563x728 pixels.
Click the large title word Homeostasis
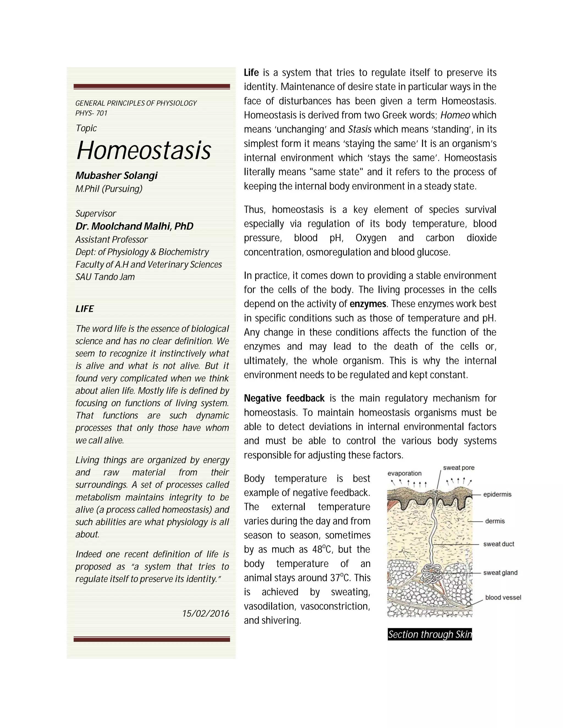(x=143, y=151)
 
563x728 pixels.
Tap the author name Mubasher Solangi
(x=116, y=175)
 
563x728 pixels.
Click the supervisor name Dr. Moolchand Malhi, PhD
(x=134, y=226)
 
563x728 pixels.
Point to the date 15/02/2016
(x=205, y=614)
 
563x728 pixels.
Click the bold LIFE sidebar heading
(x=84, y=309)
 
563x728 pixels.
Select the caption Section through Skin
(x=430, y=634)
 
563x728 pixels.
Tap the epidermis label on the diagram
(x=497, y=494)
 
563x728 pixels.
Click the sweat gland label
(x=500, y=573)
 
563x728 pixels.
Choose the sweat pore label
(x=458, y=468)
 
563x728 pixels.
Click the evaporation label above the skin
(x=404, y=473)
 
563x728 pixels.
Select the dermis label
(x=495, y=521)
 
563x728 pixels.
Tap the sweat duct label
(x=498, y=544)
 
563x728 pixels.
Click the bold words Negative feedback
(x=284, y=398)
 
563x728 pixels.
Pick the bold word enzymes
(x=368, y=304)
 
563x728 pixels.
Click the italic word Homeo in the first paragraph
(x=455, y=115)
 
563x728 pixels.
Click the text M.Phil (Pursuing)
(x=109, y=189)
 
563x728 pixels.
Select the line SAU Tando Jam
(x=105, y=277)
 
